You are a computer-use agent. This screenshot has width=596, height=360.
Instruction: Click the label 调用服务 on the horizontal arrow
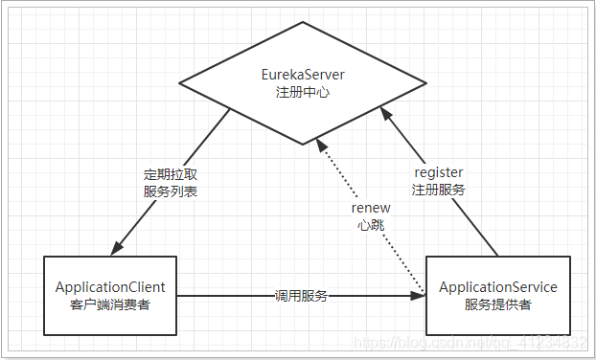tap(301, 296)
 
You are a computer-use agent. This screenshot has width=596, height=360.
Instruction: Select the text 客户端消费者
tap(110, 304)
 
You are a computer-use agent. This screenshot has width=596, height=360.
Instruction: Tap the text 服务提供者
tap(497, 304)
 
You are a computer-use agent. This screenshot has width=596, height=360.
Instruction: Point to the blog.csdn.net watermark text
tap(470, 341)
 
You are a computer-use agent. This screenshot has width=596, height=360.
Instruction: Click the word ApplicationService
tap(497, 287)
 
